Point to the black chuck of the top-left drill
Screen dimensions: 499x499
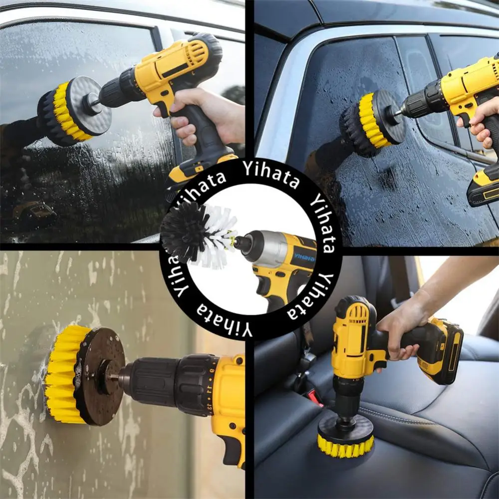(120, 88)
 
